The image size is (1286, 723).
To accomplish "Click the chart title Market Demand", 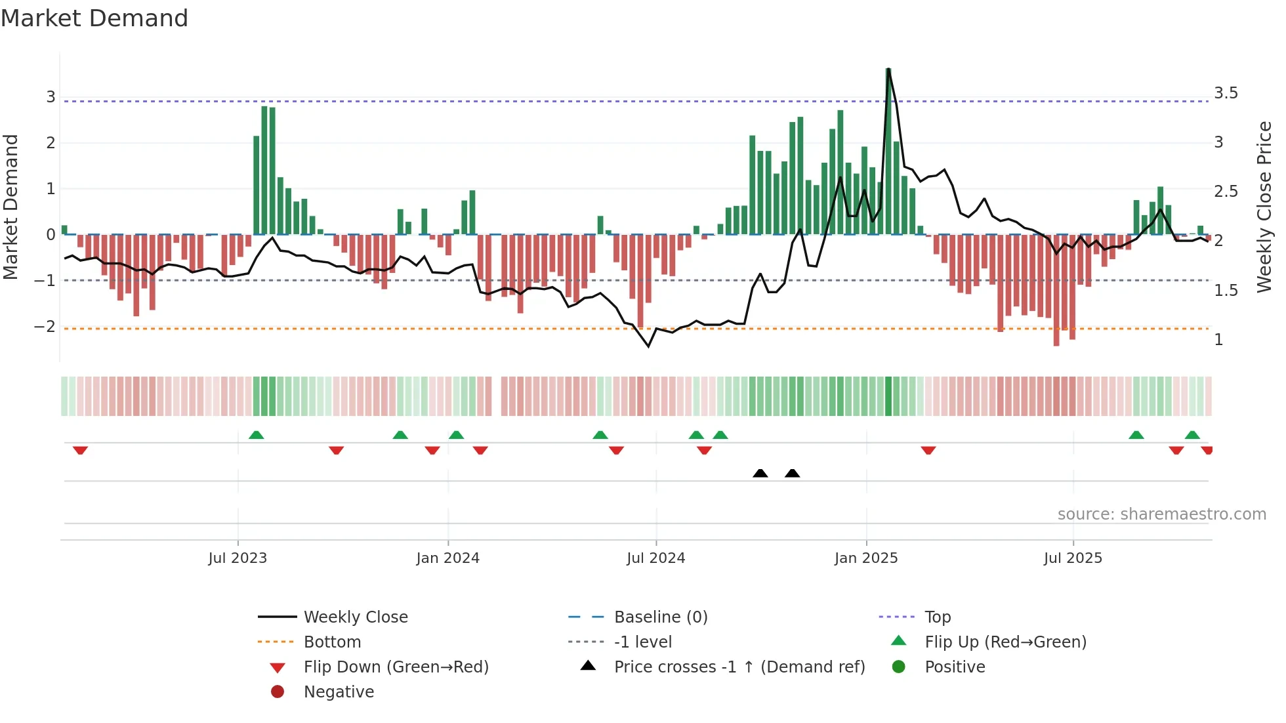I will pos(94,18).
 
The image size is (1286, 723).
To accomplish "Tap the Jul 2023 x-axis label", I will pos(238,558).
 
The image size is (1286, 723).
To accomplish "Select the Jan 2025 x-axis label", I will pos(866,558).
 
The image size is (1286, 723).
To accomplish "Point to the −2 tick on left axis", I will pos(45,327).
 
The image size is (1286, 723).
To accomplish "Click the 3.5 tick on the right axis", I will pos(1226,93).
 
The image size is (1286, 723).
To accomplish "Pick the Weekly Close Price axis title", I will pos(1264,207).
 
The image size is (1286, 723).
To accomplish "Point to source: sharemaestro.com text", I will pos(1161,514).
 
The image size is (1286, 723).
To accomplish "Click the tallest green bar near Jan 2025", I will pos(888,151).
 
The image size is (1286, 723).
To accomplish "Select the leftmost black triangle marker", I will pos(760,473).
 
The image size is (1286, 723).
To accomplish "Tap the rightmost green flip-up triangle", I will pos(1192,435).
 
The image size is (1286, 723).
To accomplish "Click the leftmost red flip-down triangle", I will pos(80,450).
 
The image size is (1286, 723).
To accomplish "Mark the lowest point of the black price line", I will pos(648,346).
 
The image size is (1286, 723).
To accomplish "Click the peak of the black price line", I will pos(888,70).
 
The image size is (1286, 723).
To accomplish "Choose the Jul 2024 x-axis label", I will pos(655,558).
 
